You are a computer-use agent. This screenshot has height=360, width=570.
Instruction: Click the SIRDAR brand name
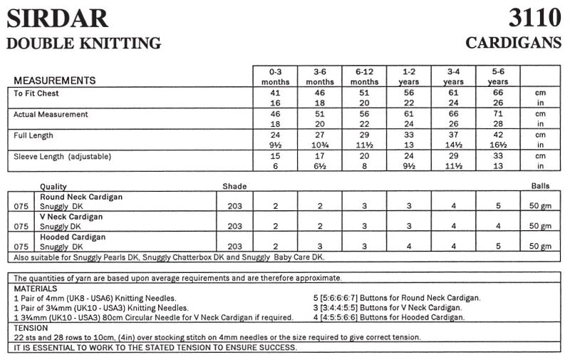pos(57,17)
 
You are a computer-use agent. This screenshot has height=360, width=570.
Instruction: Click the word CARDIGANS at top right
pos(514,43)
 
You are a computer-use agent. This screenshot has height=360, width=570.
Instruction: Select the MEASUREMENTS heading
pos(55,81)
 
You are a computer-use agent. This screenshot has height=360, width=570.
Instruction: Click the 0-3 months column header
pos(275,76)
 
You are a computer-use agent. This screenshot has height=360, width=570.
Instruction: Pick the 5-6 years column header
pos(498,76)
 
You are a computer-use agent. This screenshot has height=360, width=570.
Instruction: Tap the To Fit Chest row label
pos(36,93)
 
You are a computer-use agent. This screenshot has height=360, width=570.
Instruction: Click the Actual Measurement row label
pos(51,114)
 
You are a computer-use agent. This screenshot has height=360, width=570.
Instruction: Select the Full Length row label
pos(33,135)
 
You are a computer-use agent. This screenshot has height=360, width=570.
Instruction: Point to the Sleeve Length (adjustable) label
pos(63,155)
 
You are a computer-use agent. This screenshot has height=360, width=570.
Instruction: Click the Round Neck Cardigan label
pos(81,196)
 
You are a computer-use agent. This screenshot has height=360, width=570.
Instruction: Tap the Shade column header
pos(234,187)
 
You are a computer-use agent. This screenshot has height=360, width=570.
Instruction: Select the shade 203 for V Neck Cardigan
pos(234,226)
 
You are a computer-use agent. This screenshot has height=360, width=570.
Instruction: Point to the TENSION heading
pos(31,327)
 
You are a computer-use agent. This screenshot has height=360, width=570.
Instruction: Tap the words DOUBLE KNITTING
pos(83,43)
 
